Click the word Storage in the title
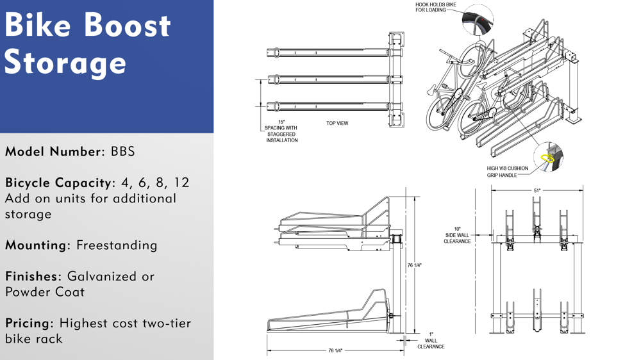(65, 63)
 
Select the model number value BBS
(122, 152)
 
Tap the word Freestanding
(117, 245)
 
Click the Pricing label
(29, 323)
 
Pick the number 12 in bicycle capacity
(181, 183)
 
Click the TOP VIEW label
(337, 123)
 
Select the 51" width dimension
(537, 190)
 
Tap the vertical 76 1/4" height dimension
(414, 265)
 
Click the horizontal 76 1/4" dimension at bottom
(335, 350)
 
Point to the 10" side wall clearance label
(457, 235)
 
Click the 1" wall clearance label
(431, 341)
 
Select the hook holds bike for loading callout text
(436, 7)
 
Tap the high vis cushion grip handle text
(507, 172)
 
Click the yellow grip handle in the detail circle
(547, 158)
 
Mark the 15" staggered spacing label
(281, 131)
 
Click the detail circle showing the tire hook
(478, 20)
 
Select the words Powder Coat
(45, 292)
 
